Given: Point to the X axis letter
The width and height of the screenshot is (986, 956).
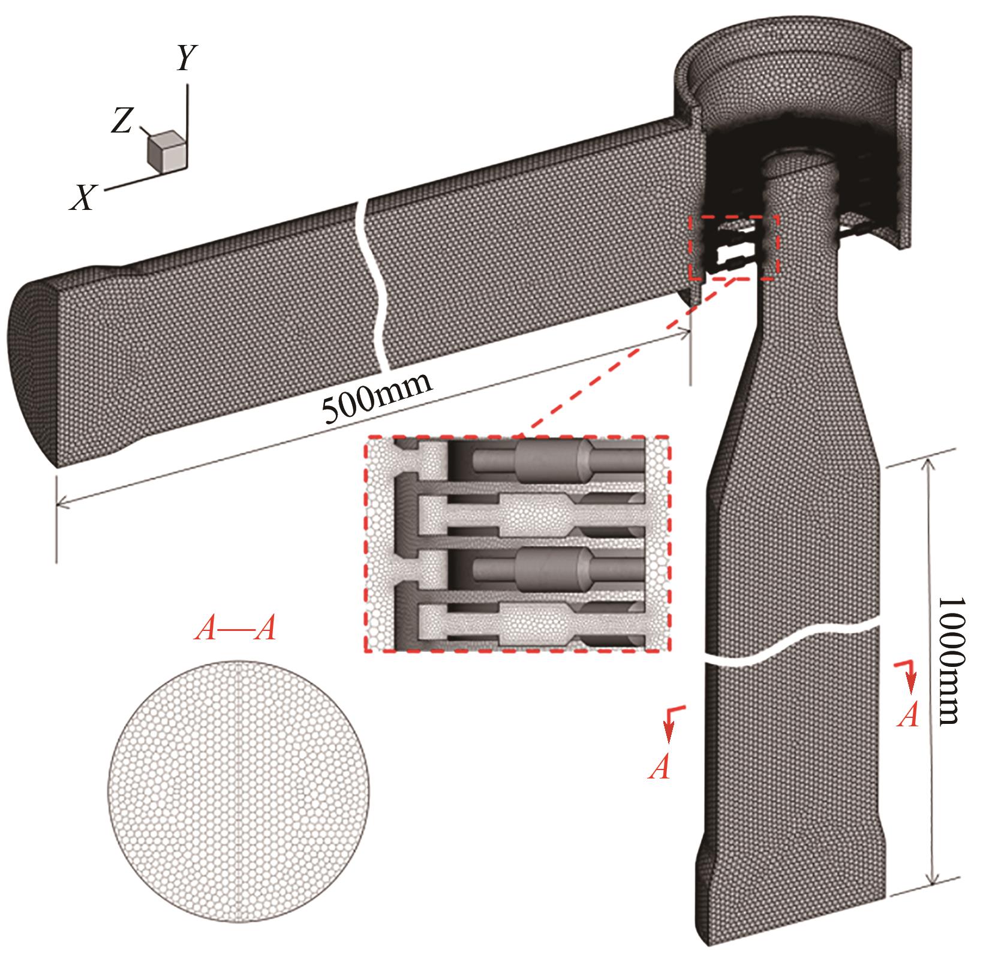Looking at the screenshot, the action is point(84,197).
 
